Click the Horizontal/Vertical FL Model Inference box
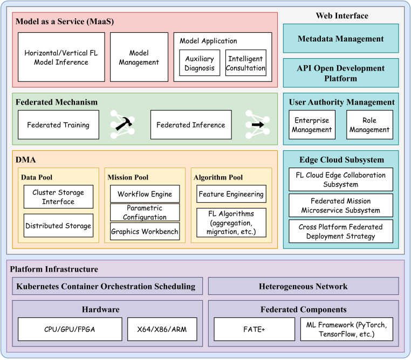(x=60, y=57)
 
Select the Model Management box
(x=139, y=57)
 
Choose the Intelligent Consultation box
(x=246, y=63)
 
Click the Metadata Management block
(x=341, y=39)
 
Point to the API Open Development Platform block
(x=341, y=73)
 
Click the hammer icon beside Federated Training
(x=122, y=125)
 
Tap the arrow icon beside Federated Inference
(x=256, y=124)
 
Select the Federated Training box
(x=58, y=125)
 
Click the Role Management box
(x=369, y=125)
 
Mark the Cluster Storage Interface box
(x=58, y=197)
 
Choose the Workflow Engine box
(x=145, y=194)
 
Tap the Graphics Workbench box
(x=145, y=232)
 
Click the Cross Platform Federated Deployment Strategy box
(x=341, y=231)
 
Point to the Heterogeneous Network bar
(x=303, y=286)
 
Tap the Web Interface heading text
(x=342, y=16)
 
